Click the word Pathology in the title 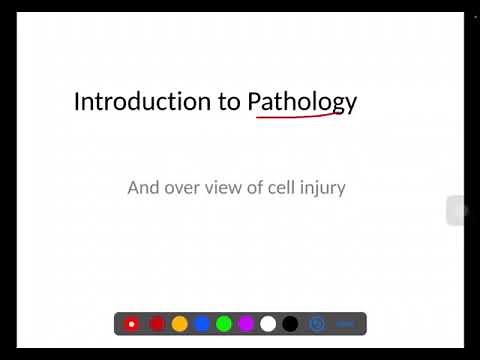[301, 103]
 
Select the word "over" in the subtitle [185, 187]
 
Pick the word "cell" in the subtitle [291, 187]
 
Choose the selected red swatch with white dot [132, 324]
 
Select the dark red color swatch [157, 324]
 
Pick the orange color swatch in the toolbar [180, 324]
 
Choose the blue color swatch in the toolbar [202, 324]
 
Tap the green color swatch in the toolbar [224, 324]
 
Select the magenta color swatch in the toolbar [246, 324]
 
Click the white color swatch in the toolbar [268, 324]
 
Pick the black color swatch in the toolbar [290, 324]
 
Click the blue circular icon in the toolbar [317, 324]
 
